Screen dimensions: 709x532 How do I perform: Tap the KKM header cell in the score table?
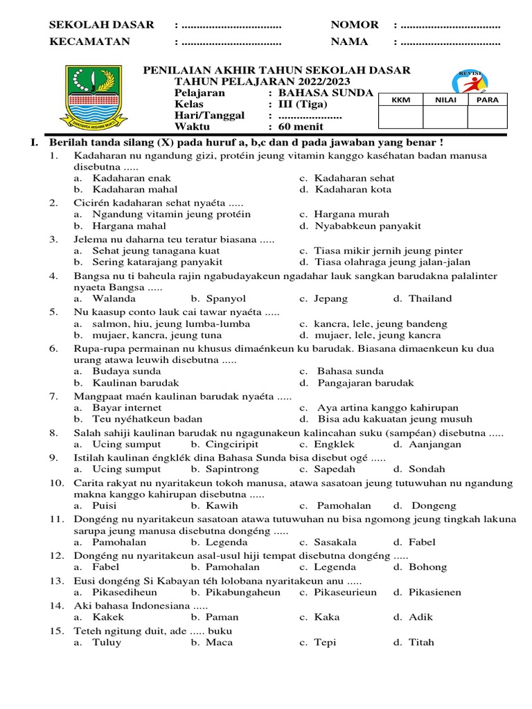pos(401,100)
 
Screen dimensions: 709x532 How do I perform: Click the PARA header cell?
pos(488,100)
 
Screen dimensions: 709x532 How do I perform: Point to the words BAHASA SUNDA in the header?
pos(325,93)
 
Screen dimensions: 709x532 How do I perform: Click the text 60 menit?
pos(300,127)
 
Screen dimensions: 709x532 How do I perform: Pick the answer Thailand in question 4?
pos(429,299)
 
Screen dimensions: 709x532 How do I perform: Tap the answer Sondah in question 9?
pos(427,469)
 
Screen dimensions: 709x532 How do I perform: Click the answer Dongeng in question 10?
pos(434,506)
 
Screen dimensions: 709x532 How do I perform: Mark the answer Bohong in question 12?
pos(428,567)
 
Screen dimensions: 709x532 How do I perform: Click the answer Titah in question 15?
pos(422,643)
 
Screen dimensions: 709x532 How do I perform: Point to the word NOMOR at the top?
pos(355,25)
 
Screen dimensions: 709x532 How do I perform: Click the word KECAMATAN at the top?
pos(90,42)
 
